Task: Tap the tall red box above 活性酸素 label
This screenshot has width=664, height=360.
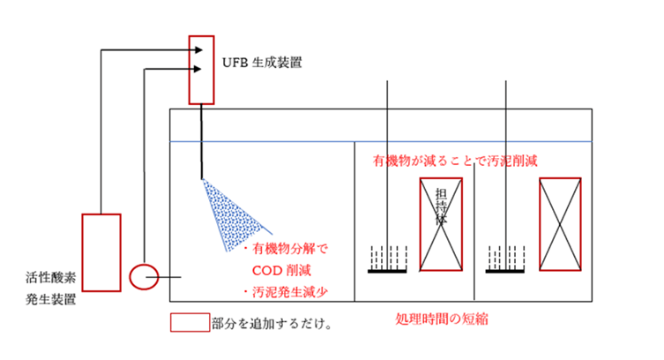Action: point(101,251)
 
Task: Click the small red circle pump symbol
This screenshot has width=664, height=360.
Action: point(141,276)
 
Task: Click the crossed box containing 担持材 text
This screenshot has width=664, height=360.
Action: point(438,222)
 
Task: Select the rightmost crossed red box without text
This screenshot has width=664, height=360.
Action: point(559,222)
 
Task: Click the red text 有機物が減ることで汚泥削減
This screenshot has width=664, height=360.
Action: point(456,162)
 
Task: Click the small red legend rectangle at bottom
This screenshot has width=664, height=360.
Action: point(189,323)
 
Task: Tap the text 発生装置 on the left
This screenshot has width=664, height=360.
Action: point(50,299)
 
